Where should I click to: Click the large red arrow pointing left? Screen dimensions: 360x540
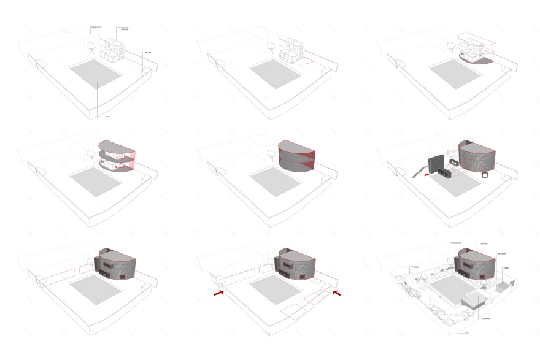pos(336,294)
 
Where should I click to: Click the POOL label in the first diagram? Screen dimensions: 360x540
pos(106,117)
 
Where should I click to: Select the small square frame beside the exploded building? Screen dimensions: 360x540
pos(484,175)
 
